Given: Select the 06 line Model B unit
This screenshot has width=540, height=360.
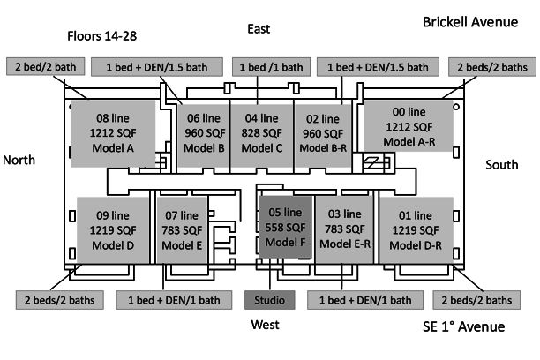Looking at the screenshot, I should click(203, 131).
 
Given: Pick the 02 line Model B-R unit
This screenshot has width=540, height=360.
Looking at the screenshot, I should click(320, 131).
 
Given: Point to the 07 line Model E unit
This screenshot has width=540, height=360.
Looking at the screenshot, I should click(183, 229).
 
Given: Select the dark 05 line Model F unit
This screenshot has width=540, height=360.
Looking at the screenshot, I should click(284, 228).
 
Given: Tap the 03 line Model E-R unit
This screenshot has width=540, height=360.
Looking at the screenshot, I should click(345, 229).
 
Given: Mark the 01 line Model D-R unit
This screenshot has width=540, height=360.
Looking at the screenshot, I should click(416, 229).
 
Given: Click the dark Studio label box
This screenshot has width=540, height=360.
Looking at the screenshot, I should click(270, 300).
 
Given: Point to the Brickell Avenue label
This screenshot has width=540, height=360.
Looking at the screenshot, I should click(470, 22).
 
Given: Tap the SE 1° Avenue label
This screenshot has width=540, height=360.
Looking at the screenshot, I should click(463, 327).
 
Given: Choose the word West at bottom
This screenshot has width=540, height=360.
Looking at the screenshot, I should click(265, 325).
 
